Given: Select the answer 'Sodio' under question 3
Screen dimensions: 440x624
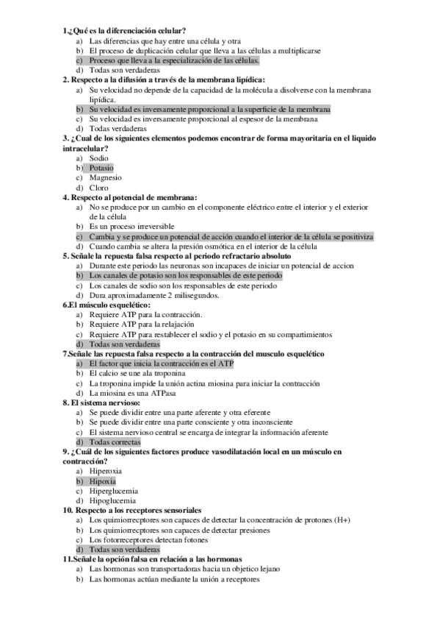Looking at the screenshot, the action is tap(98, 158).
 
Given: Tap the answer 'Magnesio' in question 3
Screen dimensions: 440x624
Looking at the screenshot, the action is tap(106, 177).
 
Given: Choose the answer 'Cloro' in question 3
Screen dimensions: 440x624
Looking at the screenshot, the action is tap(98, 188).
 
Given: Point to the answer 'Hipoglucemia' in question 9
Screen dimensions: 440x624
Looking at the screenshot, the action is tap(112, 500).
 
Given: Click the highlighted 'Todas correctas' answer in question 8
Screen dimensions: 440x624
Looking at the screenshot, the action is tap(115, 442).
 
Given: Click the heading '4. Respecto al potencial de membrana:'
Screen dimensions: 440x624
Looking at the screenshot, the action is tap(129, 197).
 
